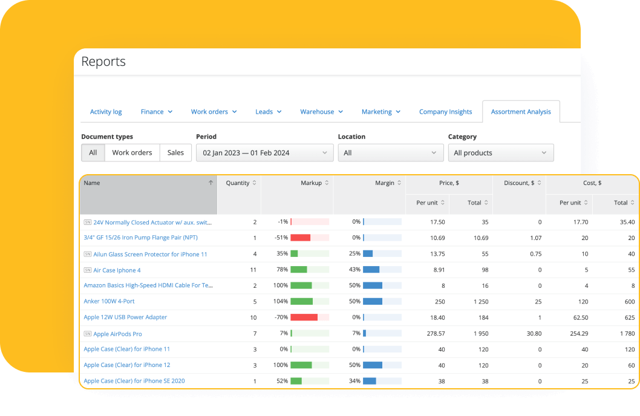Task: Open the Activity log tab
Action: click(106, 112)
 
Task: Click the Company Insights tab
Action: click(445, 112)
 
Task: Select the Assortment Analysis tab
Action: click(521, 112)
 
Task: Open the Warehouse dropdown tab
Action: click(321, 112)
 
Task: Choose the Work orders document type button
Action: click(132, 153)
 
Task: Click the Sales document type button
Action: click(175, 153)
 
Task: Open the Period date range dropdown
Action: click(264, 153)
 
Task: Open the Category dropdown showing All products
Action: click(500, 153)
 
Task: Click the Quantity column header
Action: click(238, 183)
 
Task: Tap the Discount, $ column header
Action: click(519, 183)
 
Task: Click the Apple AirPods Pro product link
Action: click(117, 334)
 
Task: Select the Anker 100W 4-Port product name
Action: click(109, 301)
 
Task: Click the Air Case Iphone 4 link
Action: click(117, 270)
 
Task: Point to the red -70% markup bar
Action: click(304, 317)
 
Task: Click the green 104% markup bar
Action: click(302, 301)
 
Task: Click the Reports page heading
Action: click(103, 62)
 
